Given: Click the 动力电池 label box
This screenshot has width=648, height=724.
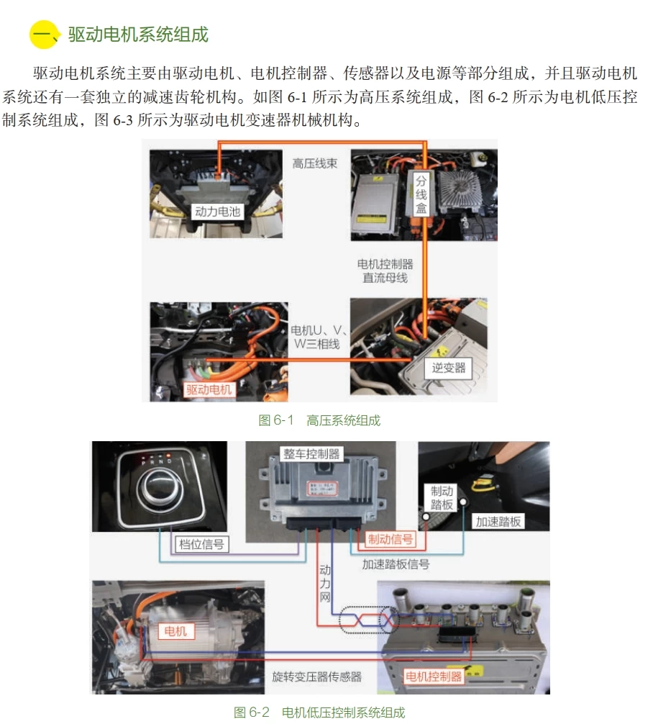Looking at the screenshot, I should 217,211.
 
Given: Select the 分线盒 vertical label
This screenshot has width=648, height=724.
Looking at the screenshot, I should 421,194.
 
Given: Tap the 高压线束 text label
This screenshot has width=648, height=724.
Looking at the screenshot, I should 315,163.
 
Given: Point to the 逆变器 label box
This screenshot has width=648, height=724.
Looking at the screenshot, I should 449,368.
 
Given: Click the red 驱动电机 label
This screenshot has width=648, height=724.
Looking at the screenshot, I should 209,389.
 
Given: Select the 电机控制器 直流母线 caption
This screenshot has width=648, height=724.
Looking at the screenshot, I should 385,271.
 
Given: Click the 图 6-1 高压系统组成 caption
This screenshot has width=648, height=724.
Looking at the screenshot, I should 319,420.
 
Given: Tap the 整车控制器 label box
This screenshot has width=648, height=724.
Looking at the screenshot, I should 311,454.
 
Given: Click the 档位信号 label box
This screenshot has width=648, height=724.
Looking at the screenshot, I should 201,544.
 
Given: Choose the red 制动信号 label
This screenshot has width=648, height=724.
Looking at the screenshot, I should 391,539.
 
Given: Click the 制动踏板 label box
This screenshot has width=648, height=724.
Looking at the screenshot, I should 442,498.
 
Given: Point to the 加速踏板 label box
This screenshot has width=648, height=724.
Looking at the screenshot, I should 498,521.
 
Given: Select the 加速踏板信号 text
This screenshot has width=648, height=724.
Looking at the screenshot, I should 396,564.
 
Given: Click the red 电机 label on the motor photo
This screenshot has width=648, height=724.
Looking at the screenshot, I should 175,631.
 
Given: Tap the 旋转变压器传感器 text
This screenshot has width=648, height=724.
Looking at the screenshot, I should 316,677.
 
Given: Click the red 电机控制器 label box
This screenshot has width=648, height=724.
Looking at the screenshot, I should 433,677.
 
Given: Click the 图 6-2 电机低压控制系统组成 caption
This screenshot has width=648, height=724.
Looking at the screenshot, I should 319,712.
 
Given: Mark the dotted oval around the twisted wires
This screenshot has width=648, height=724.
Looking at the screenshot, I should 367,619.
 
